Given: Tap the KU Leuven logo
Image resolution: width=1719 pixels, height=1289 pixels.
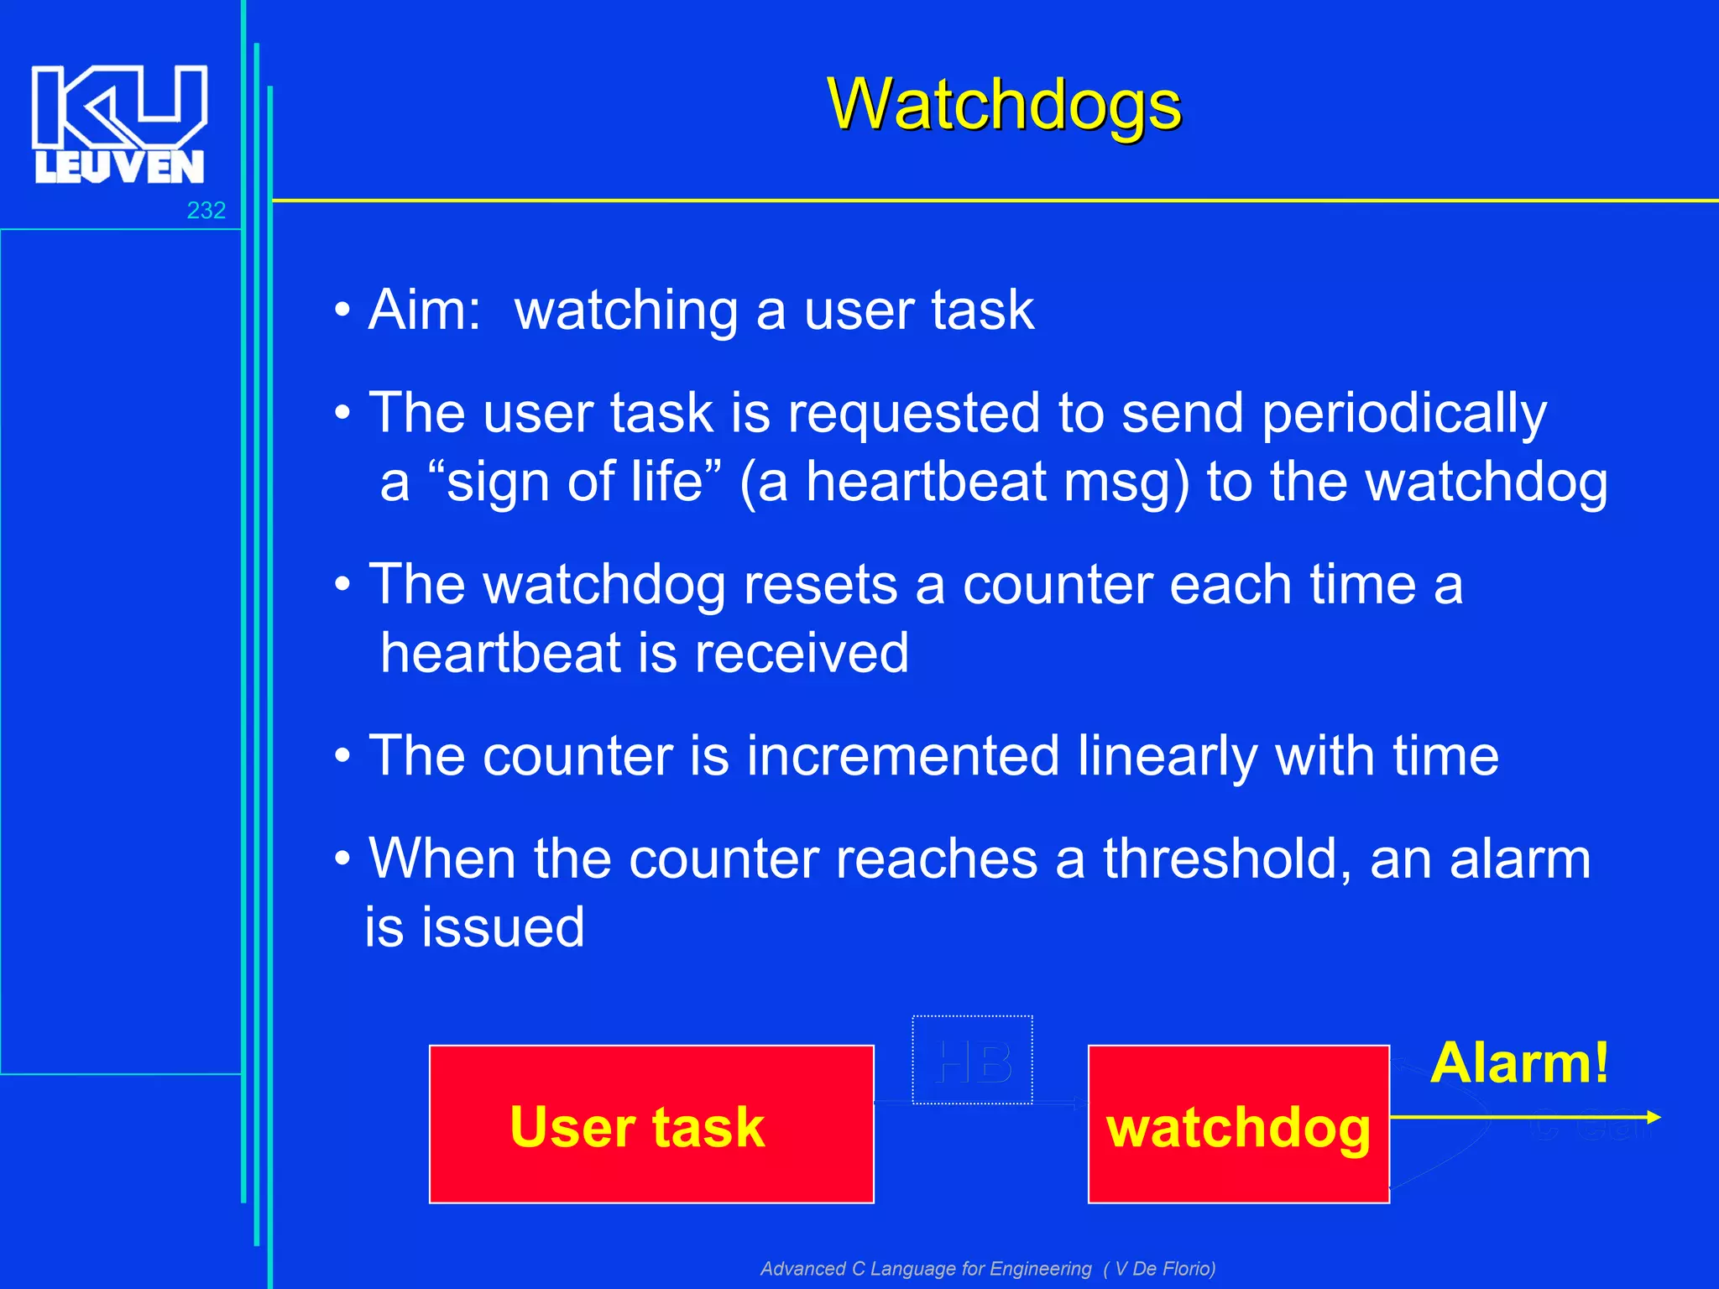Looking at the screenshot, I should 119,124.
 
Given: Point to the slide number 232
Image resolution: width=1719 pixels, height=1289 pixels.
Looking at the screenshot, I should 206,210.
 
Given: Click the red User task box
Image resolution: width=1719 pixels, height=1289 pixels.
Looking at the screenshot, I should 651,1125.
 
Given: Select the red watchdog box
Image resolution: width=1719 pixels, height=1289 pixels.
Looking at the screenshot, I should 1238,1125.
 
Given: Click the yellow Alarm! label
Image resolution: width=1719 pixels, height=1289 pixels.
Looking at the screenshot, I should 1519,1063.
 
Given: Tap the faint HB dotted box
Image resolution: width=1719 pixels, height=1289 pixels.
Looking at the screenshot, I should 972,1060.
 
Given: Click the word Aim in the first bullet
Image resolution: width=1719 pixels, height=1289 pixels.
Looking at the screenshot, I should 424,310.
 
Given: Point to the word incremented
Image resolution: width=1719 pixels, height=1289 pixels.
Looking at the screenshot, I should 902,755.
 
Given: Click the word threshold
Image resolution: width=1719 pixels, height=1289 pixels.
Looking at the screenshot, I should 1226,858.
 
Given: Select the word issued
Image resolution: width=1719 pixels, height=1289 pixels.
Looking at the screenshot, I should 502,927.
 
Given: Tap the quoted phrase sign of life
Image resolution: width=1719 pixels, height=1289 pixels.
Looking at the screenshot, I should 575,482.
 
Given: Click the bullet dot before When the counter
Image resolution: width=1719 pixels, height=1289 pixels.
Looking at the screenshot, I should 342,859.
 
